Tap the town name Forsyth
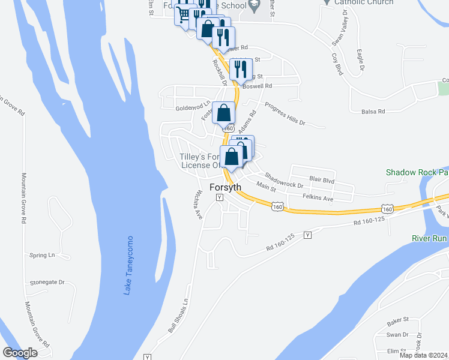226,187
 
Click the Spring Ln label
42,255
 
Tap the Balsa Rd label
373,112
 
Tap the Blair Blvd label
321,179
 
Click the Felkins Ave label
318,197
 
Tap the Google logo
20,353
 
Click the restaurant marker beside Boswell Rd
241,70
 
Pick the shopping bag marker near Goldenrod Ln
223,113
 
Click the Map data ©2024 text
424,355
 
